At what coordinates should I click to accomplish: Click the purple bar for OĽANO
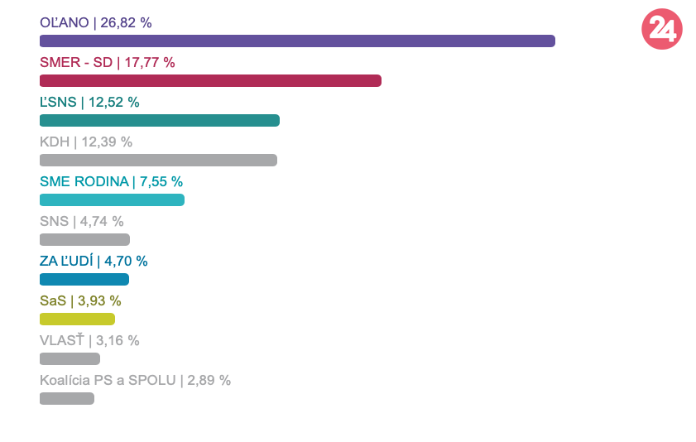click(297, 41)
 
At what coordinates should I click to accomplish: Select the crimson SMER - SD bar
click(210, 80)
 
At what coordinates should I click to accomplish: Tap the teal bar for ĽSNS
click(160, 121)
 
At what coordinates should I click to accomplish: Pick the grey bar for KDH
click(158, 160)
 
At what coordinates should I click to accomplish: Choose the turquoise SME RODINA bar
click(112, 199)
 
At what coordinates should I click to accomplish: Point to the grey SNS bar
click(84, 239)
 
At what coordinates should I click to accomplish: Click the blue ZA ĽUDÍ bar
click(84, 279)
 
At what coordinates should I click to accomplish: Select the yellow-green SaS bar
click(77, 319)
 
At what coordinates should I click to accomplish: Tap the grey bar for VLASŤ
click(70, 358)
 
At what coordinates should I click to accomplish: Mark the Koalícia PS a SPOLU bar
click(67, 398)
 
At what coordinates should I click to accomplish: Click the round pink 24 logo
click(662, 30)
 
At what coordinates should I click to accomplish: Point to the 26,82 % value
click(126, 22)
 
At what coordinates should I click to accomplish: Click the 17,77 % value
click(150, 62)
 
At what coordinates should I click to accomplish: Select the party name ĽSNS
click(58, 102)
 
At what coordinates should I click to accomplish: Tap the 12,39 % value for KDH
click(107, 142)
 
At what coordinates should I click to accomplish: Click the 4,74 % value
click(102, 221)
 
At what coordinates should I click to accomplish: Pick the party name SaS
click(53, 300)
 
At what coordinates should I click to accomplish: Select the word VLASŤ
click(62, 340)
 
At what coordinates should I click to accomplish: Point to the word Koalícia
click(65, 380)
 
